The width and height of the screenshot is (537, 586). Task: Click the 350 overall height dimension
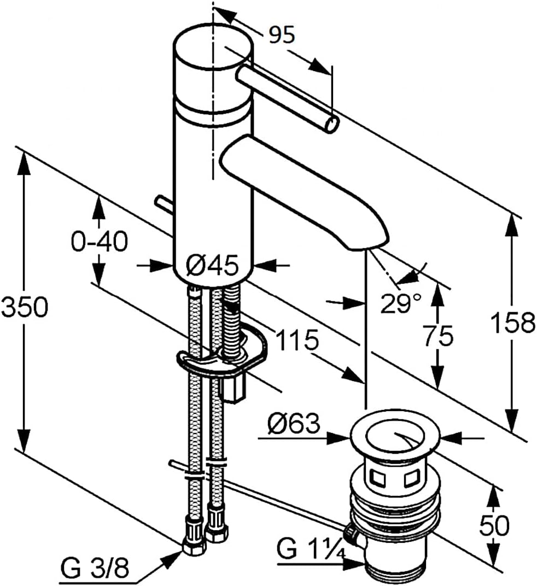pos(24,307)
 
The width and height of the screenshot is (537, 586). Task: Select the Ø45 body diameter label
pos(212,266)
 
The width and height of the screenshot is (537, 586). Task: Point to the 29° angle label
pos(400,303)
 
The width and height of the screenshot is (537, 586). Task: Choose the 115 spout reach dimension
pos(297,340)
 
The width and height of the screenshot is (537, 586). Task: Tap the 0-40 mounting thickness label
pos(100,242)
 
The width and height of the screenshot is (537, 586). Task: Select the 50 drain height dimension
pos(494,525)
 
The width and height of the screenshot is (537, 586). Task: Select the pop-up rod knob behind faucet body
pos(163,205)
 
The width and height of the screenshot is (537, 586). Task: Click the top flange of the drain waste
pos(396,436)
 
